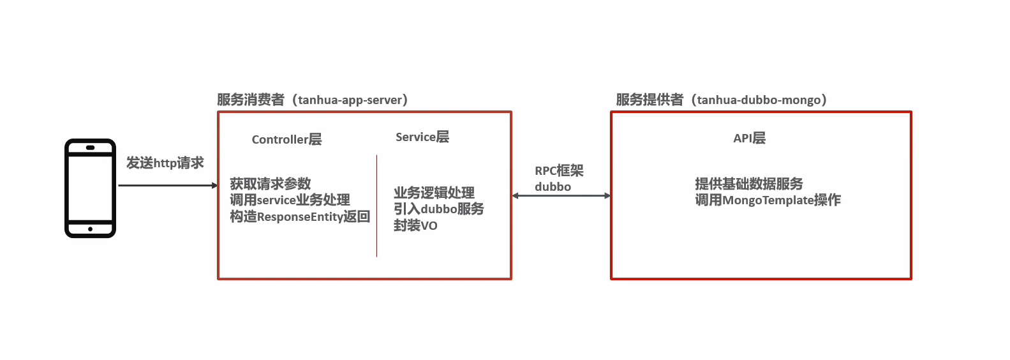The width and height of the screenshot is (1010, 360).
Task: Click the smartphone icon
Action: click(x=90, y=188)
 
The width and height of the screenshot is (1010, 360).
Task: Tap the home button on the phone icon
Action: click(x=90, y=229)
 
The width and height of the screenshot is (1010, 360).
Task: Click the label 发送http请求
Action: click(x=165, y=163)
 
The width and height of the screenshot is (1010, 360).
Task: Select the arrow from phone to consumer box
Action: click(x=167, y=185)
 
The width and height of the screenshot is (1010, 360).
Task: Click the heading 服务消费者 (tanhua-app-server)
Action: click(x=313, y=100)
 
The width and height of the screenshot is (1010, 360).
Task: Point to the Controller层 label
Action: click(x=286, y=139)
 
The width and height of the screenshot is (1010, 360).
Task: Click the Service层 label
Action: click(x=422, y=137)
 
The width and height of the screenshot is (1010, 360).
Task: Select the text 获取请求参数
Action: click(x=271, y=184)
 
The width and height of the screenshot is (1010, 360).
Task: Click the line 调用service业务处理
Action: click(x=290, y=200)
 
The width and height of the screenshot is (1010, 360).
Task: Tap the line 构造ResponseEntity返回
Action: click(x=300, y=216)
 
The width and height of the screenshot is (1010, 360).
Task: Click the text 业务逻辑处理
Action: click(x=434, y=193)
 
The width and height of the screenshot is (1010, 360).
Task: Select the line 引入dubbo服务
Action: click(x=438, y=209)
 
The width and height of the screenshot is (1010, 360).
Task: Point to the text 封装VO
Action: click(x=415, y=225)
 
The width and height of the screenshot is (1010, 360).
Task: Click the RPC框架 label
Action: click(x=559, y=170)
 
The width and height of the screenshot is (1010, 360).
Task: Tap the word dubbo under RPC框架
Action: click(x=553, y=186)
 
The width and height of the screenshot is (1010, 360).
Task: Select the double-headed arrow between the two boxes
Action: click(x=561, y=195)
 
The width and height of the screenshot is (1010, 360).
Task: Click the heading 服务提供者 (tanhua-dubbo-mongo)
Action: click(x=722, y=100)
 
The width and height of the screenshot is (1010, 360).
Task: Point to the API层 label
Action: click(x=749, y=138)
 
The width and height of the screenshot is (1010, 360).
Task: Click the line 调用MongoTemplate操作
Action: click(x=768, y=200)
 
